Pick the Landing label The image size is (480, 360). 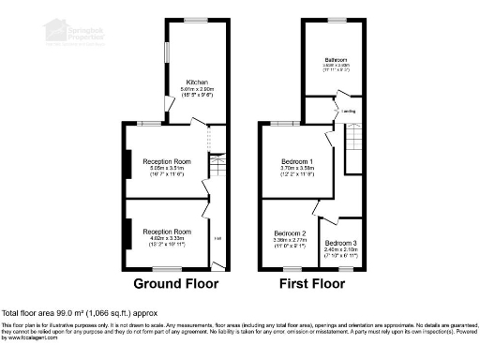348,111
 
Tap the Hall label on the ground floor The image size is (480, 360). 217,236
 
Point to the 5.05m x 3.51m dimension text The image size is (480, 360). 167,170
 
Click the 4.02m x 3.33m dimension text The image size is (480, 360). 167,239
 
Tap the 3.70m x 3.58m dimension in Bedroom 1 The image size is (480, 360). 298,169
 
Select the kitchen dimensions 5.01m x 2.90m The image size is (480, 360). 197,89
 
